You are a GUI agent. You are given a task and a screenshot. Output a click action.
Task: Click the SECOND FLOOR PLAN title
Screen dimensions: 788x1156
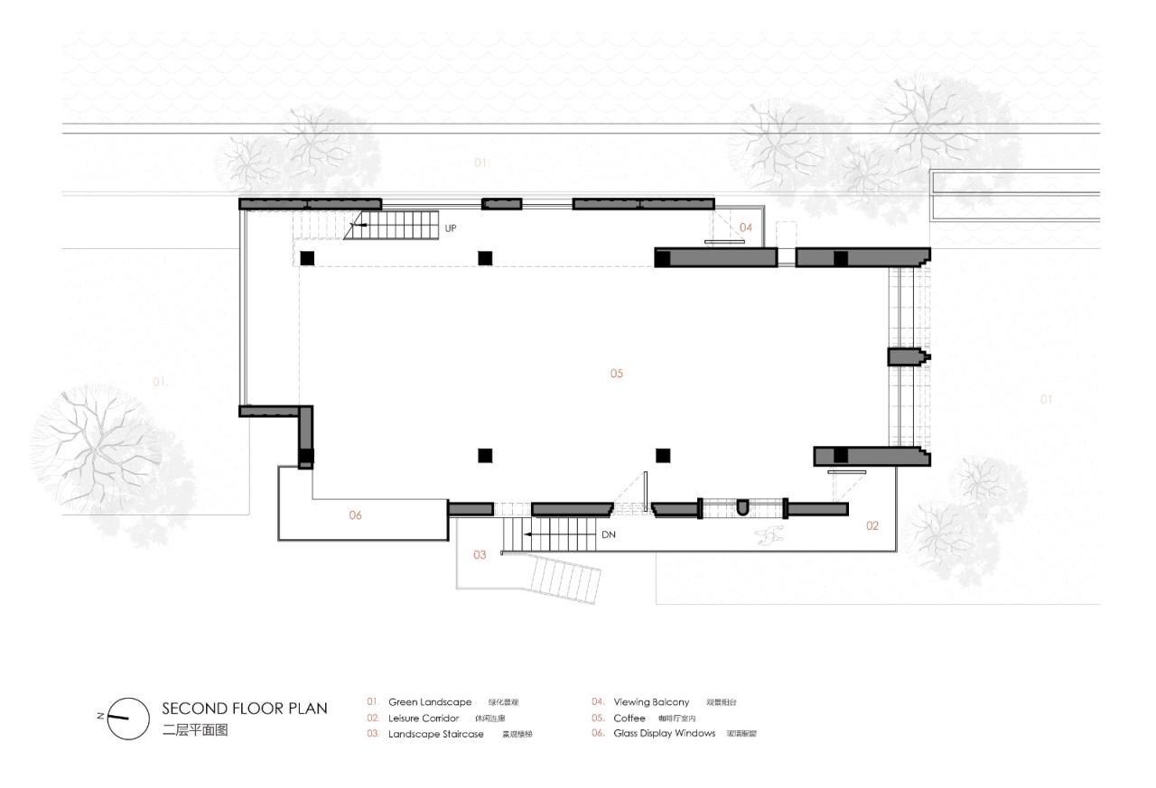[244, 709]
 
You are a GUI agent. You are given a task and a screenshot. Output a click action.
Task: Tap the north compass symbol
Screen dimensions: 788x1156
[127, 718]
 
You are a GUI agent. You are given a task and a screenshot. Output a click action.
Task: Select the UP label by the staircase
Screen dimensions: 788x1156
[451, 228]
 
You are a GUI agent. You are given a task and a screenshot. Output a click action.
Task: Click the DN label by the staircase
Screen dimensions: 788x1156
[609, 534]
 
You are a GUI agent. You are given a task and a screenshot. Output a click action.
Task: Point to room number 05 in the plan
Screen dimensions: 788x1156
[616, 374]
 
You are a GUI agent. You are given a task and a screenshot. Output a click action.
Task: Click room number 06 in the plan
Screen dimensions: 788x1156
[355, 515]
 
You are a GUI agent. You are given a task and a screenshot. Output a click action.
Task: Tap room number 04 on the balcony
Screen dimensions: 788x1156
[746, 227]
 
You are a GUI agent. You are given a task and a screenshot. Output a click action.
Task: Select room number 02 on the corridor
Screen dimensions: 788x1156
[872, 525]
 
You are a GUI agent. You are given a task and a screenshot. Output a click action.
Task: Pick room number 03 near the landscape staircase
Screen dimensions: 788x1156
[480, 555]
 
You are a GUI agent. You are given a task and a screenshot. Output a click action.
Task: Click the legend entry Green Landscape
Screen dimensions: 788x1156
[430, 702]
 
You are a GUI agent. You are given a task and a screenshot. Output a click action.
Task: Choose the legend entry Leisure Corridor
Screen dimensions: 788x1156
[424, 718]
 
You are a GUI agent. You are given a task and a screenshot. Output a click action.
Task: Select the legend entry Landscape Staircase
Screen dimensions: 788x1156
[435, 734]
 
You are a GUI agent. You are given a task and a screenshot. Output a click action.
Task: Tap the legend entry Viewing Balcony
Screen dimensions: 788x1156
[651, 702]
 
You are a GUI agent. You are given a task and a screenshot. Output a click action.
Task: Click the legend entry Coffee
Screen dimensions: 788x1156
[629, 718]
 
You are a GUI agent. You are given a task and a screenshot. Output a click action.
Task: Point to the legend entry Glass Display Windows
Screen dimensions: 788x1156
[664, 734]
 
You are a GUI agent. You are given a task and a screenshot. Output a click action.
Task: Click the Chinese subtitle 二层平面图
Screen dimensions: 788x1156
[195, 730]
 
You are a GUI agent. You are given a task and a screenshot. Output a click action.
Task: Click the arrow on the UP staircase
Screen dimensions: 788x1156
[359, 224]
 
